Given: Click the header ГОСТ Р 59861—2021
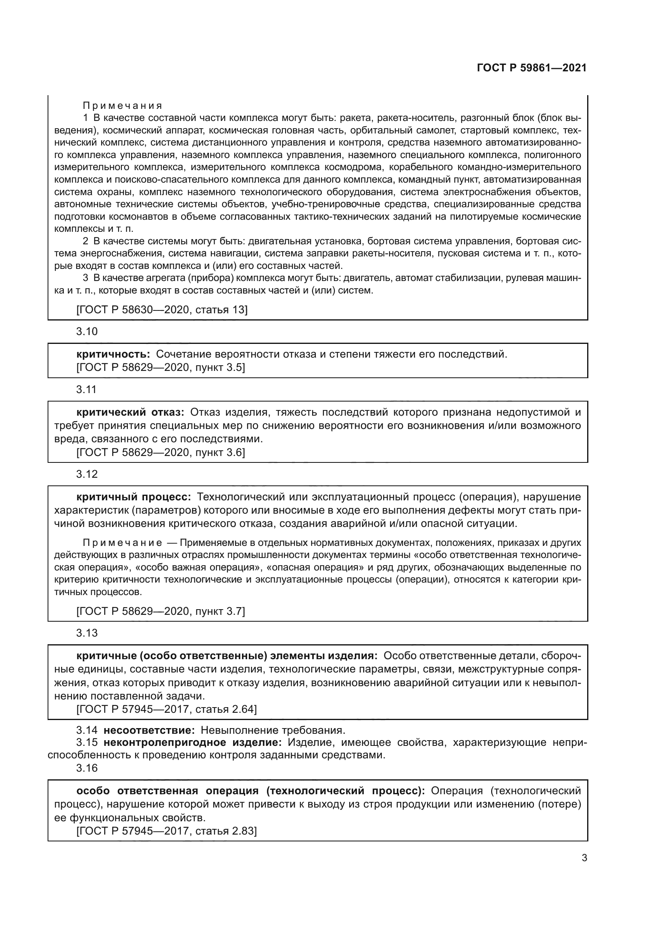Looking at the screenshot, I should (x=532, y=68).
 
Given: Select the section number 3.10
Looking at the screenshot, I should (x=87, y=331).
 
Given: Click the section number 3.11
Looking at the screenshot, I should (x=86, y=389).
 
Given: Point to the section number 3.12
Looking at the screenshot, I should (x=87, y=474).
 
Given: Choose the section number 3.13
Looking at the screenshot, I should (x=87, y=633).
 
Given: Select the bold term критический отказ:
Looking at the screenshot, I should (x=130, y=412).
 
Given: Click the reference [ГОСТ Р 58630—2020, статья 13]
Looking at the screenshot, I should (x=162, y=309).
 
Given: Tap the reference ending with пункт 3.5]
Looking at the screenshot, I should (x=160, y=367).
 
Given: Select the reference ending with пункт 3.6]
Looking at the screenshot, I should (x=160, y=452).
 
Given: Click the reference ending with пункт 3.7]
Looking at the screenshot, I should (x=160, y=611).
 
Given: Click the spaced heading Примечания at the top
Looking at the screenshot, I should (x=123, y=106).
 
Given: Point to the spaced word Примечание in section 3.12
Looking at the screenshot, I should (x=123, y=543).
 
